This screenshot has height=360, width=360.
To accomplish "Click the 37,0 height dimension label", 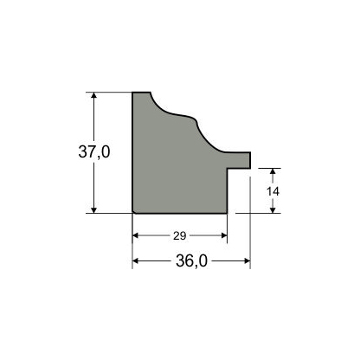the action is (x=94, y=151).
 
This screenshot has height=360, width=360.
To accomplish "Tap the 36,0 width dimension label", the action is (x=191, y=261).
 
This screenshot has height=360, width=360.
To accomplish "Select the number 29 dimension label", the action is (x=180, y=236).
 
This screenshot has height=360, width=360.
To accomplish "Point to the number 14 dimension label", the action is (x=273, y=191).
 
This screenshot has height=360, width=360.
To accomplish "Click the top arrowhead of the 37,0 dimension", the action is (x=93, y=95).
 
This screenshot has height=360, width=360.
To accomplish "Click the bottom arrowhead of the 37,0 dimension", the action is (x=93, y=210).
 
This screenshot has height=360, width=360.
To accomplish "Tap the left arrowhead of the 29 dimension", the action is (x=136, y=235).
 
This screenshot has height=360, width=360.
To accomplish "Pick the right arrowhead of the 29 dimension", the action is (x=224, y=235).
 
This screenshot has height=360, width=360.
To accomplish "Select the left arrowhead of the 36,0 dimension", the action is (x=136, y=261).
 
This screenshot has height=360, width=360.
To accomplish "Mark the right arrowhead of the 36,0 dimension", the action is (x=247, y=261).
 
